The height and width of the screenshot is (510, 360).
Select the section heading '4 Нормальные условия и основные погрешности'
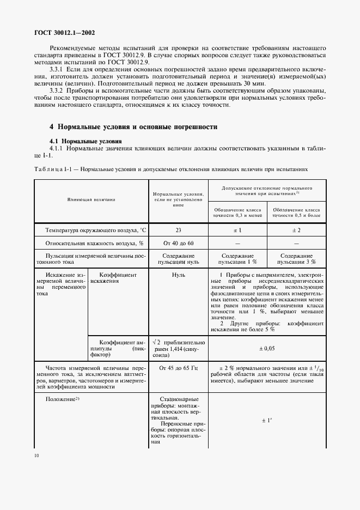pos(133,126)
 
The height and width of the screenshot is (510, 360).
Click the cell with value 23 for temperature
pos(178,230)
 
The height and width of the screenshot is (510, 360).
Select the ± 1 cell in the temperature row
pos(237,230)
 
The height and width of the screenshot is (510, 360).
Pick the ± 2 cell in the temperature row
pos(296,230)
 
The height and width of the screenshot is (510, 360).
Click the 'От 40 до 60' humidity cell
pos(178,243)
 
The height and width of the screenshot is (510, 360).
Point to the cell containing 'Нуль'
pos(178,275)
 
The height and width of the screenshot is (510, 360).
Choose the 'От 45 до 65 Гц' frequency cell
pos(178,369)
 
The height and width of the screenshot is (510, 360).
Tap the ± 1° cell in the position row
pos(266,421)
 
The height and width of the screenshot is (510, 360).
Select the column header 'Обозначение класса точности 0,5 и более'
pos(296,212)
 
